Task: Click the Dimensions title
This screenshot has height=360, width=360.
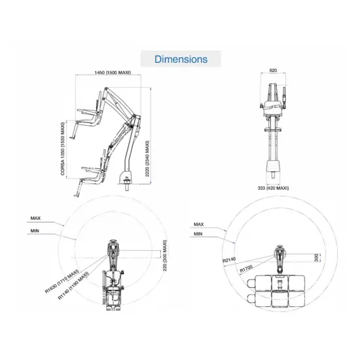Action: (181, 59)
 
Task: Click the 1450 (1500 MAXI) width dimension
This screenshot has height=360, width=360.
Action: (113, 72)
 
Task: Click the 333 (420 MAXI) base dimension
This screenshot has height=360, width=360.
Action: (274, 188)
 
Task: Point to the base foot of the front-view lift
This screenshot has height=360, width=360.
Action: (274, 173)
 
